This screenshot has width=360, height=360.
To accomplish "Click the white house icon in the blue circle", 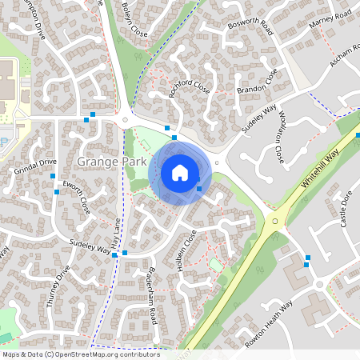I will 180,173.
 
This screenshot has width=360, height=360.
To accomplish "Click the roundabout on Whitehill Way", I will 275,221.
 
